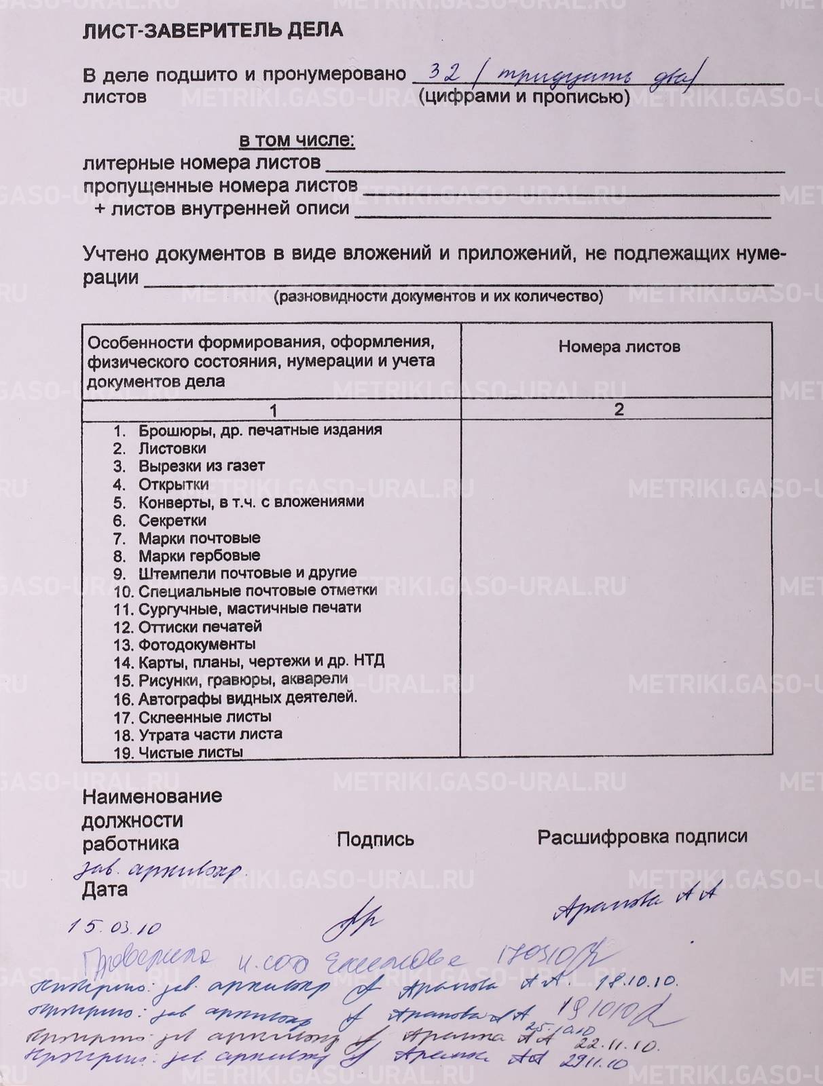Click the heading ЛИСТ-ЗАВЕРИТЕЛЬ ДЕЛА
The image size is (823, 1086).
point(213,31)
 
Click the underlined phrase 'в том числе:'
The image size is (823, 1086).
point(297,141)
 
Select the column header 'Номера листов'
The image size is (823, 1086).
point(619,347)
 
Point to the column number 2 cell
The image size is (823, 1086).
point(618,409)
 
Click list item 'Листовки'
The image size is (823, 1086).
point(172,448)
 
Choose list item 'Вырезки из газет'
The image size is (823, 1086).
point(202,466)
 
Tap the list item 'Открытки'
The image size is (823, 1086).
point(173,485)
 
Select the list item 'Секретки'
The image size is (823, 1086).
point(172,521)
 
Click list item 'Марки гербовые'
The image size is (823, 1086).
point(199,556)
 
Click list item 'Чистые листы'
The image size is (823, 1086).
point(190,752)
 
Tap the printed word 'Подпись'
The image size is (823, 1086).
point(375,840)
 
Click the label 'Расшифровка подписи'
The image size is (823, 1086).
point(642,837)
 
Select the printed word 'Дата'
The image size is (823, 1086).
point(105,889)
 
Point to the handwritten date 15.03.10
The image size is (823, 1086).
point(115,927)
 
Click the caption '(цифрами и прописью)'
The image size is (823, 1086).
point(523,97)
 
